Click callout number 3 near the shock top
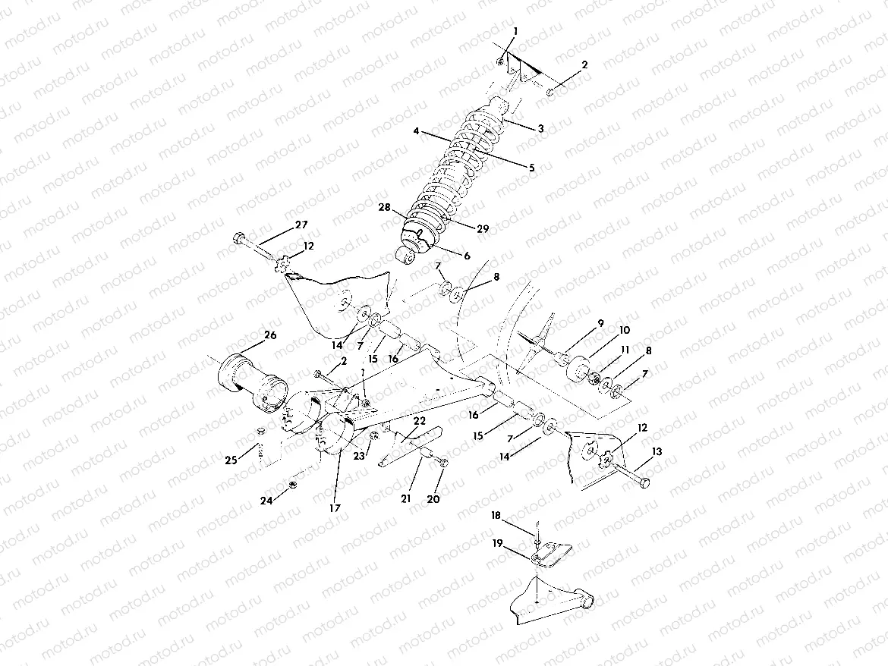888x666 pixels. [x=540, y=129]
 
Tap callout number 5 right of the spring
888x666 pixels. [x=531, y=167]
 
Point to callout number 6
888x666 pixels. [x=466, y=256]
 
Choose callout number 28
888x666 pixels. [x=385, y=206]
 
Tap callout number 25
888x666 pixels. [x=230, y=459]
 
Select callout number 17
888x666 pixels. [x=335, y=507]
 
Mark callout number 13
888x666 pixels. [x=657, y=451]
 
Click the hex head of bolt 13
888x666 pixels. [x=644, y=483]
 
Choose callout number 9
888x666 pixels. [x=600, y=324]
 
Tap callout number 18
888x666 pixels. [x=496, y=515]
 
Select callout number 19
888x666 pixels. [x=497, y=543]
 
